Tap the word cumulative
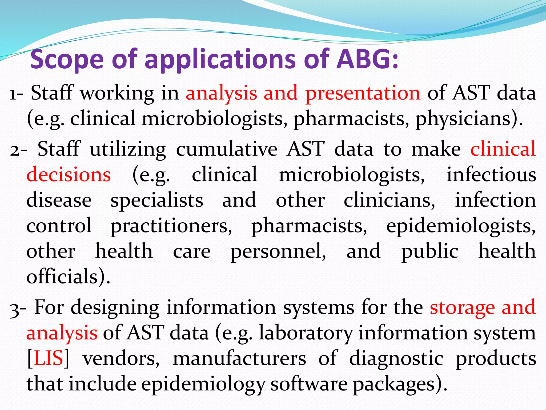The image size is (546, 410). (x=227, y=149)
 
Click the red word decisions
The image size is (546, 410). (x=69, y=175)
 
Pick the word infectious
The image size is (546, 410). (x=491, y=175)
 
